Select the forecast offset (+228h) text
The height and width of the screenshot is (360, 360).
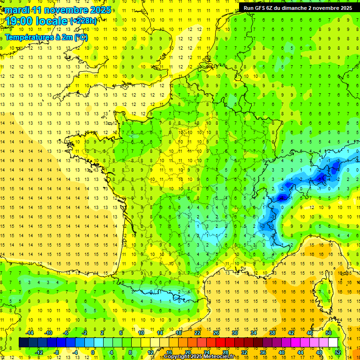[x=83, y=21]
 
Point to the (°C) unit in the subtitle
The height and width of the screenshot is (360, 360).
[x=81, y=37]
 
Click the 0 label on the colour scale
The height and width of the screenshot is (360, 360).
[x=93, y=352]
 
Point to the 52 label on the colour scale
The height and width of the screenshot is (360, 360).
[x=337, y=352]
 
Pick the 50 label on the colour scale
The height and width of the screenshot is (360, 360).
[x=329, y=333]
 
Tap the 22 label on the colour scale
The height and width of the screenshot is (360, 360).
[x=197, y=333]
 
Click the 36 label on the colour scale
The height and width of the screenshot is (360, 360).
[x=262, y=352]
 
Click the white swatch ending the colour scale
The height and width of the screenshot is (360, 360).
[x=333, y=342]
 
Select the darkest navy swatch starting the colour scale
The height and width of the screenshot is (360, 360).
[x=23, y=342]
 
